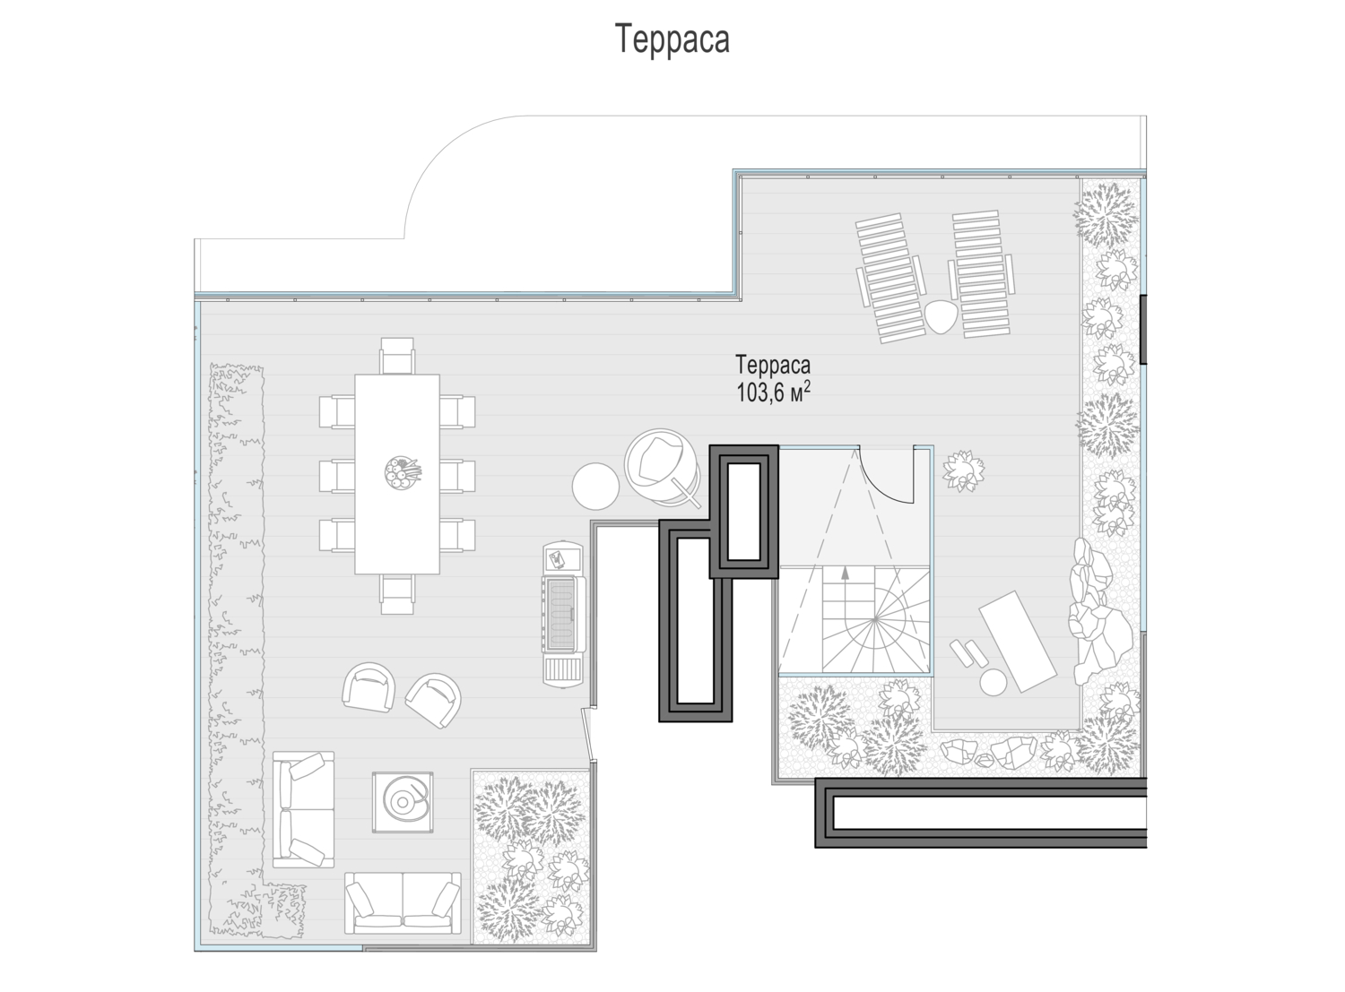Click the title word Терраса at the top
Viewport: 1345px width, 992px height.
click(672, 40)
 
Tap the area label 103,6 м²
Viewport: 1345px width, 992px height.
click(773, 392)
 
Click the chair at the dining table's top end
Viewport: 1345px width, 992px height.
click(397, 356)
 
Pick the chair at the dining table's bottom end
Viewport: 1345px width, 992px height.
click(397, 594)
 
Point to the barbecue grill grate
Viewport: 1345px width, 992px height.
click(561, 615)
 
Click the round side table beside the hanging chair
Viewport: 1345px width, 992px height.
click(595, 486)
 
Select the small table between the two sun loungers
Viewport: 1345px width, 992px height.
click(941, 316)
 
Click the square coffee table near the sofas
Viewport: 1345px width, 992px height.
click(403, 802)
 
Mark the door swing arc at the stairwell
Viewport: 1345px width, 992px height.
click(882, 483)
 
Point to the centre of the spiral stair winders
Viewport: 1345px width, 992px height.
click(875, 619)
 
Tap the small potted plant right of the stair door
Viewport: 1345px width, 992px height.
click(964, 470)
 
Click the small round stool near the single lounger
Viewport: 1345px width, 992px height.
click(993, 681)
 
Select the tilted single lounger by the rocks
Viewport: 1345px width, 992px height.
click(1018, 641)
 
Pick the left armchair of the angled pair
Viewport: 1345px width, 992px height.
click(369, 686)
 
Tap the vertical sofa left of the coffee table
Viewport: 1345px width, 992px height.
click(303, 809)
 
